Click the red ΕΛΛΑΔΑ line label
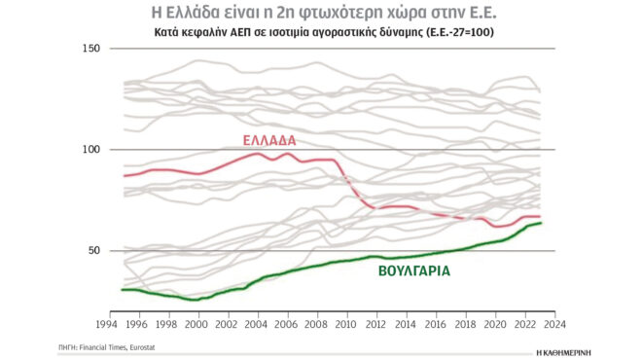tap(267, 140)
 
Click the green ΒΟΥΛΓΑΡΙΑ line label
tap(412, 272)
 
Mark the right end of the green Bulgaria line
tap(541, 223)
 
